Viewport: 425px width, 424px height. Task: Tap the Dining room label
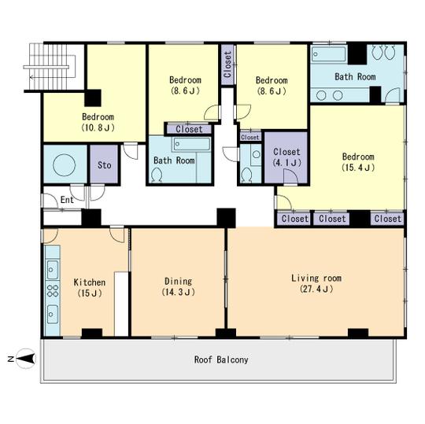(178, 286)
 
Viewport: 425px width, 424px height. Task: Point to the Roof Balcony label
(221, 359)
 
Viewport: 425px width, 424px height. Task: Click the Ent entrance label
(68, 201)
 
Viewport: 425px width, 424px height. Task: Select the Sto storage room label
(105, 166)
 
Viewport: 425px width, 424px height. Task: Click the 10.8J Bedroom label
(98, 121)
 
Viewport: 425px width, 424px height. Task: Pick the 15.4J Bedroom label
(357, 161)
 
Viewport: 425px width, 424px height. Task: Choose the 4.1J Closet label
(285, 157)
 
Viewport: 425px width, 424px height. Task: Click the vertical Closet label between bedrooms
(227, 68)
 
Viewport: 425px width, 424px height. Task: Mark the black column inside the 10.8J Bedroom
(93, 98)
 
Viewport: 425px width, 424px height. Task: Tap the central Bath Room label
(174, 160)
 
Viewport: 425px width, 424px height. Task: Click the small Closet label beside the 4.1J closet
(249, 137)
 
